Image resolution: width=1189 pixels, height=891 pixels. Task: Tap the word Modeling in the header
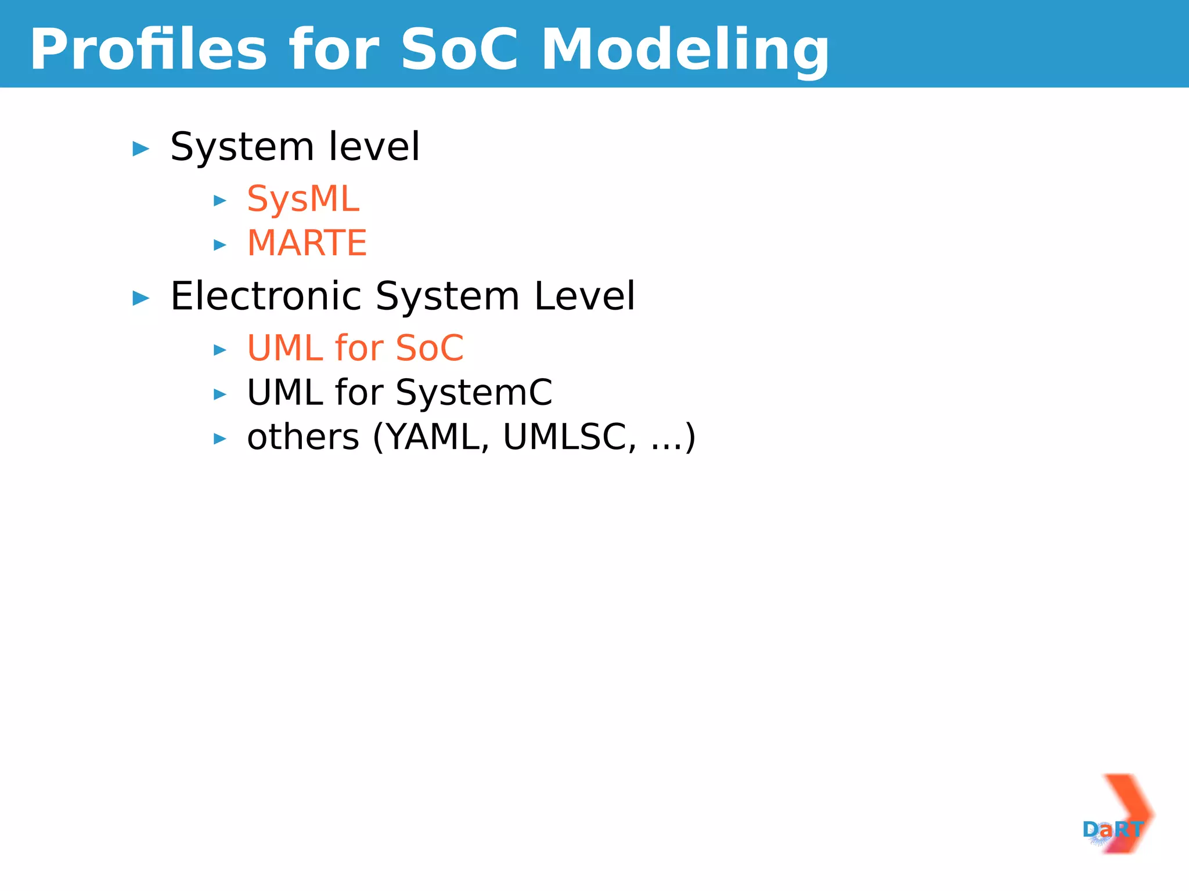point(685,51)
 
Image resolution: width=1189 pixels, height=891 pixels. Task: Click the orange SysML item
point(303,199)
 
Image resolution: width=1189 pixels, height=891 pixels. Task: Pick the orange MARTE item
point(307,242)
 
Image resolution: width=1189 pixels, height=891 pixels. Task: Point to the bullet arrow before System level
point(141,149)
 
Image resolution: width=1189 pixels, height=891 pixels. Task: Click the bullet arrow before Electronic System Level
point(141,298)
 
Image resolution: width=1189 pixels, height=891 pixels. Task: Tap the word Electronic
point(265,296)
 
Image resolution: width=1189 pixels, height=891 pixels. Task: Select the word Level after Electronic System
point(585,296)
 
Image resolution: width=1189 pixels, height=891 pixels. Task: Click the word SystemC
point(474,393)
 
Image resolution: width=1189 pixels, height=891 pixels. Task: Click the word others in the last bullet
point(303,437)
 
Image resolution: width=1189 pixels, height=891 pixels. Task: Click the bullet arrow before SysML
point(220,201)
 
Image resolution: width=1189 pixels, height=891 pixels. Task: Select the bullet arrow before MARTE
point(220,245)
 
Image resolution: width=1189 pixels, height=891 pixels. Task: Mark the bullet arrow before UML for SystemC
point(220,394)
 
